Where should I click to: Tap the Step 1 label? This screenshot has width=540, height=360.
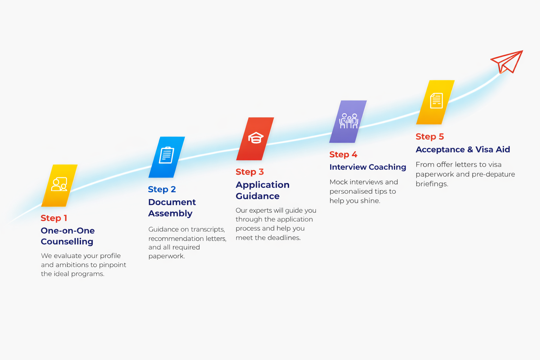point(54,218)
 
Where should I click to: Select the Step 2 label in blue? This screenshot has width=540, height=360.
point(162,189)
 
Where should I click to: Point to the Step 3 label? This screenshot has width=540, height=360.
point(250,172)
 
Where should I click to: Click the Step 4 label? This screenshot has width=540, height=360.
point(343,154)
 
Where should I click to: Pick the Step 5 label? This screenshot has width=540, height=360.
point(430,136)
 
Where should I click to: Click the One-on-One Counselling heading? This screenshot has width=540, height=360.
point(67,236)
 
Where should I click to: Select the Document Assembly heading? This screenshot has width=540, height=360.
point(172,208)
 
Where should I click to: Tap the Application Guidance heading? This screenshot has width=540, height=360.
point(262,190)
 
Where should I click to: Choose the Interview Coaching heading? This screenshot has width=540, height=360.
point(368,167)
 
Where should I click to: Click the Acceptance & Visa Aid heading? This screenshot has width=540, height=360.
point(463,149)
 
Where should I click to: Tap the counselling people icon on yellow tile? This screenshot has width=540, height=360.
point(59,184)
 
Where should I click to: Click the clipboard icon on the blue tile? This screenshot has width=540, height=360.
point(166,155)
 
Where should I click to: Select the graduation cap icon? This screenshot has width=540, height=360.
point(256,138)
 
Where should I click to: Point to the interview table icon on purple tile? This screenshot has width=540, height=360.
point(349,121)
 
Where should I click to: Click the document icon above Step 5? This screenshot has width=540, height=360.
point(436,101)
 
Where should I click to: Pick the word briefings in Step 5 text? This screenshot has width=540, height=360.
point(432,184)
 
